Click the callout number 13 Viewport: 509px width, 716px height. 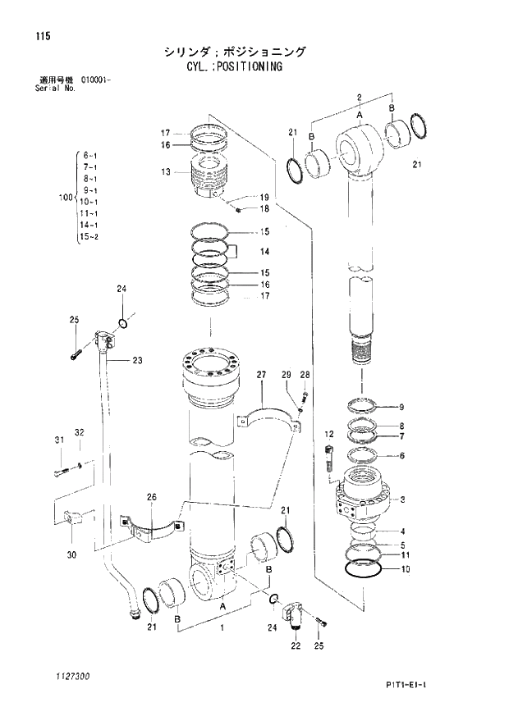[165, 172]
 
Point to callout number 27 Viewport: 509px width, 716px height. [261, 375]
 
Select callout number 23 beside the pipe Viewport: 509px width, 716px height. [137, 360]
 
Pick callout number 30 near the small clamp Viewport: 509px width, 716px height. [71, 555]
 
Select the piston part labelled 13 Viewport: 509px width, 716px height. [211, 179]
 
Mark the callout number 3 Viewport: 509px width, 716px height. [401, 499]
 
